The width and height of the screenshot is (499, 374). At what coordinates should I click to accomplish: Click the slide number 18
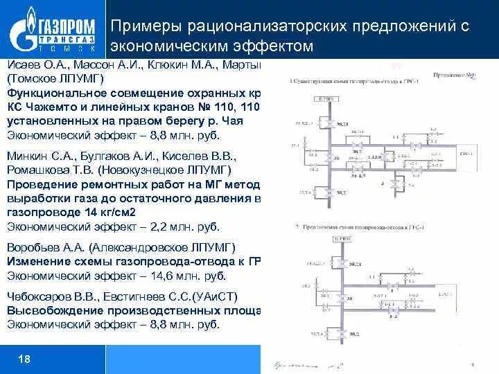pos(24,359)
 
